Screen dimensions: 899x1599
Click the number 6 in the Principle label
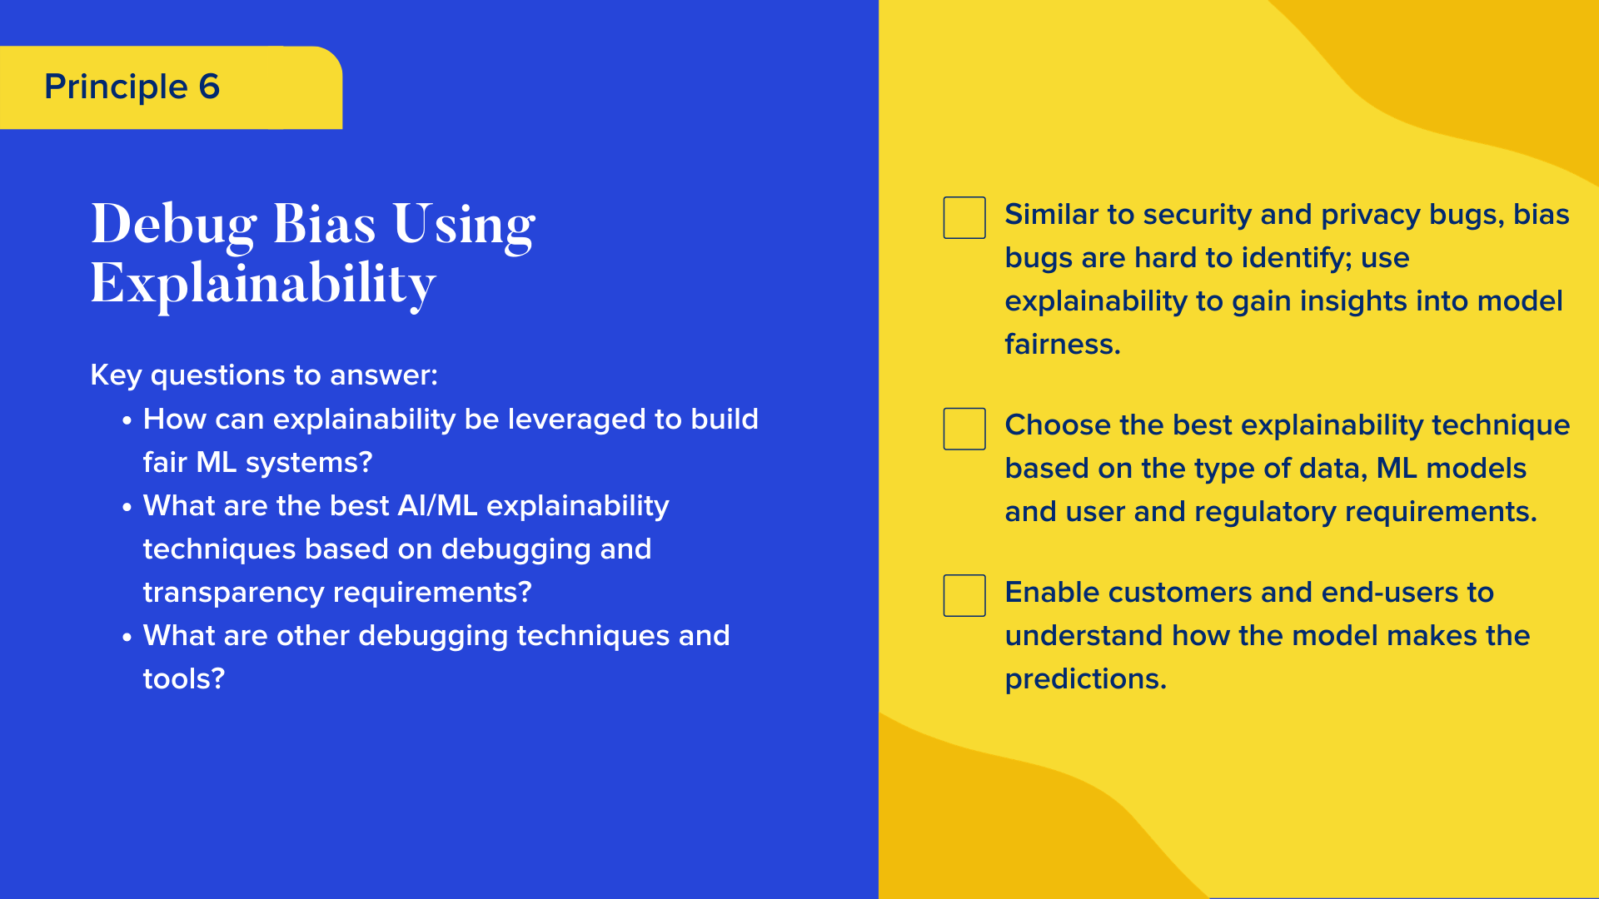coord(209,87)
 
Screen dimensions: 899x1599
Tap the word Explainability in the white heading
coord(262,285)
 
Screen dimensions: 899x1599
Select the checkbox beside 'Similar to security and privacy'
coord(964,217)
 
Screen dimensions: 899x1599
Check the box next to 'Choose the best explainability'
coord(964,429)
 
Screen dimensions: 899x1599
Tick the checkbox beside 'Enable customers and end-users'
coord(964,595)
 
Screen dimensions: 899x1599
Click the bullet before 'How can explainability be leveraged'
coord(127,421)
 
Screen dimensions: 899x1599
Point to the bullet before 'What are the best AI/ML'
coord(127,508)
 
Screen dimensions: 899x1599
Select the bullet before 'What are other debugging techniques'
coord(127,638)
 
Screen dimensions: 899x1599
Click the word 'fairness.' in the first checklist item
coord(1062,344)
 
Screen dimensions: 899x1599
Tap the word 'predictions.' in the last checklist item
coord(1085,678)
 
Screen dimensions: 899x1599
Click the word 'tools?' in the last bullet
coord(183,678)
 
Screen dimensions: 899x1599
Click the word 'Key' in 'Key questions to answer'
coord(116,375)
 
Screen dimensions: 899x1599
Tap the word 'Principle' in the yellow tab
coord(116,87)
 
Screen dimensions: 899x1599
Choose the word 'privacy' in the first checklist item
coord(1370,214)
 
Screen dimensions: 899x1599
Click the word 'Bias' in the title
coord(324,225)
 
